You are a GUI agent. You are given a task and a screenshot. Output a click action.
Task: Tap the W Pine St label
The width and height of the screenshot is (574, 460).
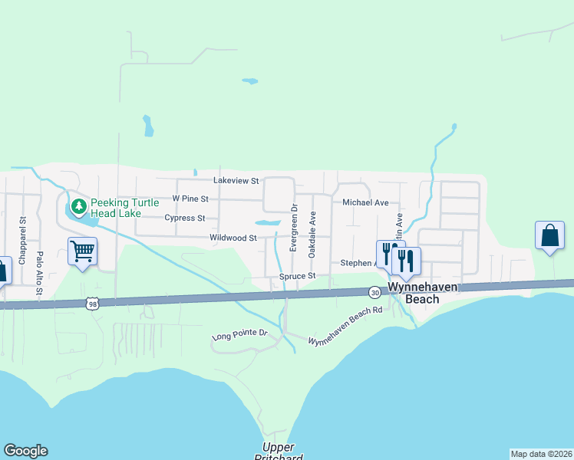[190, 199]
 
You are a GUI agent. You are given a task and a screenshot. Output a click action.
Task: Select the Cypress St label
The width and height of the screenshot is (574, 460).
[184, 218]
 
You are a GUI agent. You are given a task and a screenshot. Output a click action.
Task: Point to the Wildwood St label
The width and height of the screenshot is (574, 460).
[233, 238]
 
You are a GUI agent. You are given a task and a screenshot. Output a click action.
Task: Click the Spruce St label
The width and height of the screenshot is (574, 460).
[298, 276]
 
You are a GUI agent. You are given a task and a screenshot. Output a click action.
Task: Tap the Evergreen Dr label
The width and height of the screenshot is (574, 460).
[293, 228]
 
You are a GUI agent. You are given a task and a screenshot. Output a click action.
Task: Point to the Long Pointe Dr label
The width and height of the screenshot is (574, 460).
[239, 335]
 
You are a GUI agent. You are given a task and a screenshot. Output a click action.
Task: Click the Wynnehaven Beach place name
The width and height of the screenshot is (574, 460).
[411, 292]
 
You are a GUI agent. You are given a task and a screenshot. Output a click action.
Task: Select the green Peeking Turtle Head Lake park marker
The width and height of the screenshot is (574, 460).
[78, 205]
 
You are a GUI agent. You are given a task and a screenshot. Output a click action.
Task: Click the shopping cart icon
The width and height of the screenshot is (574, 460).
[82, 250]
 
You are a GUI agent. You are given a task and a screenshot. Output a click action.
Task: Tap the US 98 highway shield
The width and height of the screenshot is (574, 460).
[91, 303]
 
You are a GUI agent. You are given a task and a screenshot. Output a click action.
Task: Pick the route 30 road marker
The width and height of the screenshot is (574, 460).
[374, 292]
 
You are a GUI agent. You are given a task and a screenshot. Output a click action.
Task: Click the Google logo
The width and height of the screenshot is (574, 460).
[25, 451]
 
